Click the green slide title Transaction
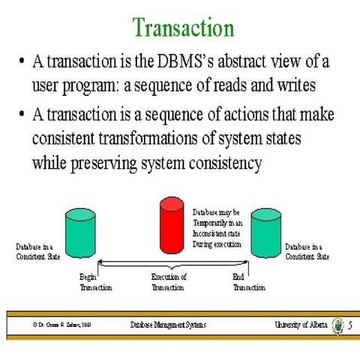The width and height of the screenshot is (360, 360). tap(183, 28)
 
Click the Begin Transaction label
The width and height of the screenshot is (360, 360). tap(95, 282)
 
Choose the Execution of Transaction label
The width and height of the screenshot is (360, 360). tap(169, 282)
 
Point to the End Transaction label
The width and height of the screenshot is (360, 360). tap(249, 282)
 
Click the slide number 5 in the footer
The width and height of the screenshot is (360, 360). tap(349, 325)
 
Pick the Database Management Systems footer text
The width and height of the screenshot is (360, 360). tap(168, 325)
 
